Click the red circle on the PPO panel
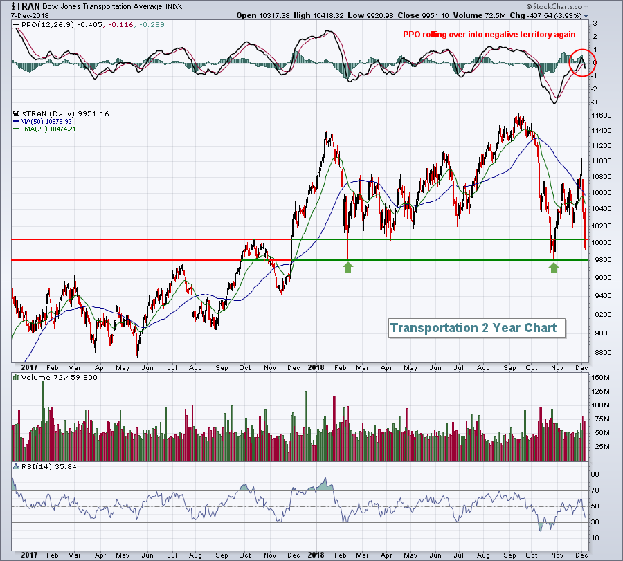point(583,63)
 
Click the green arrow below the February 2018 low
point(348,266)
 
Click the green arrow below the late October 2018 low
point(554,266)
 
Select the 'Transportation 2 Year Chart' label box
point(473,328)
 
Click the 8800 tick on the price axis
point(602,352)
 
